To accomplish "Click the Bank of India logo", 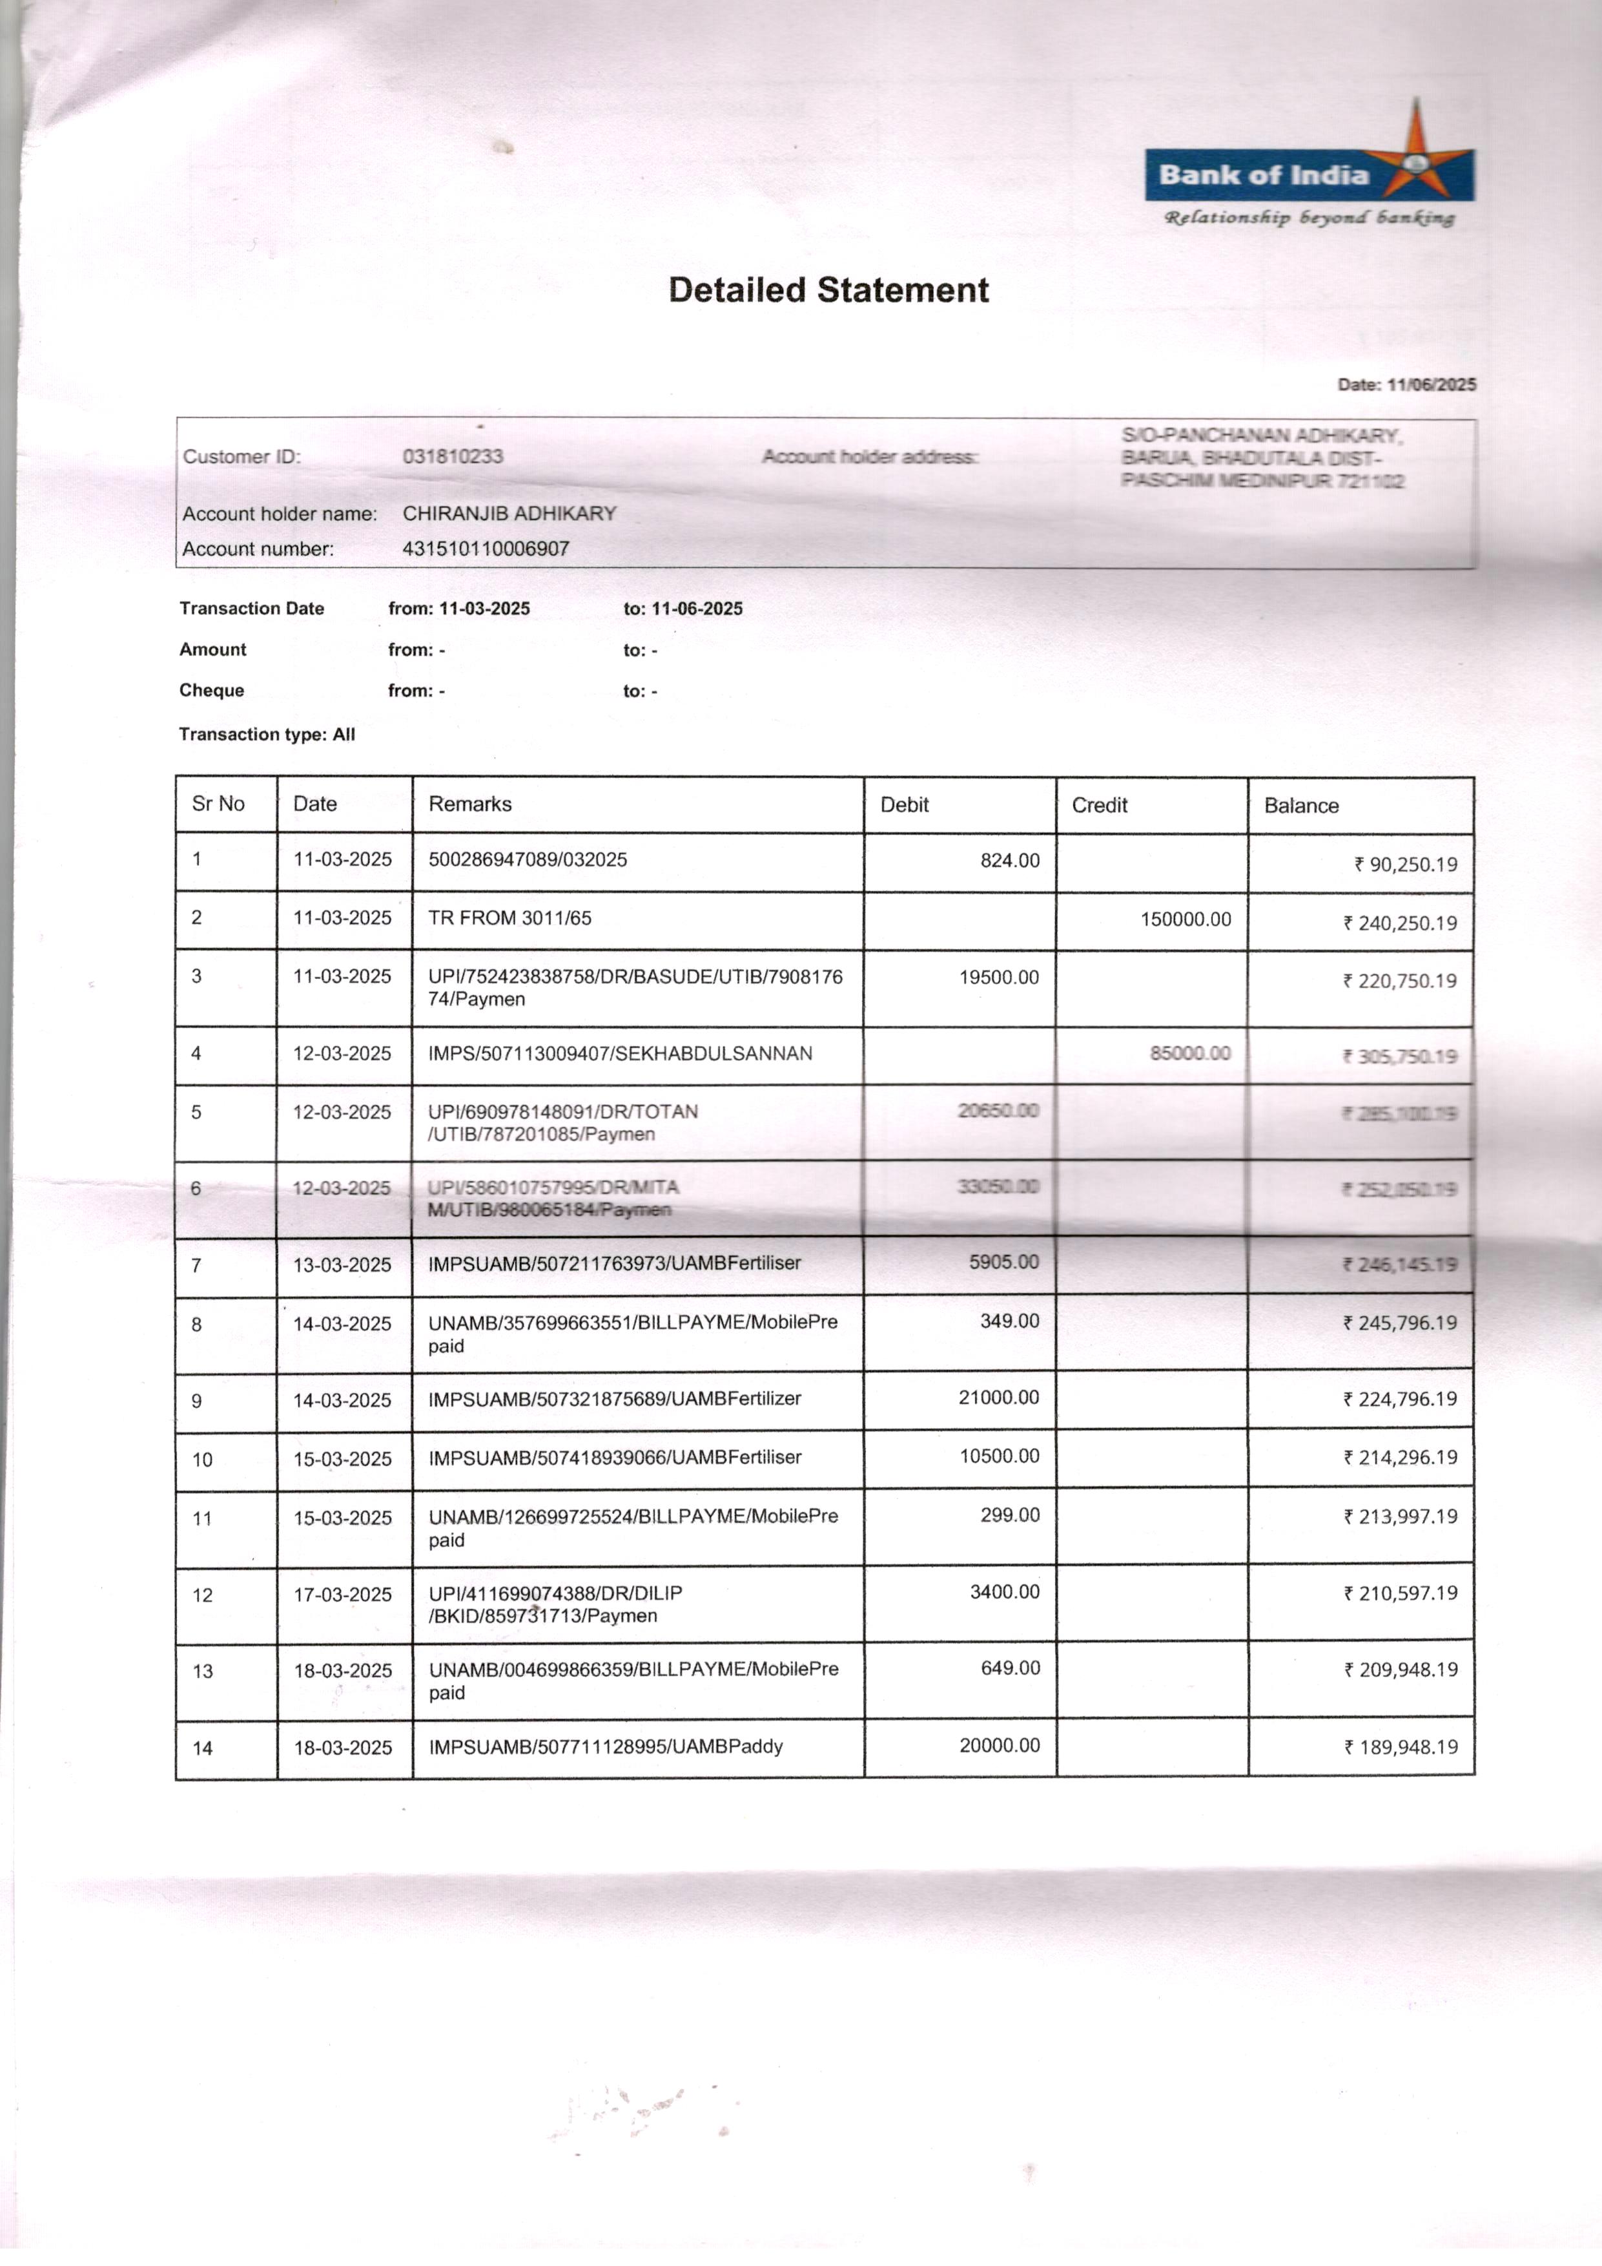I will tap(1308, 174).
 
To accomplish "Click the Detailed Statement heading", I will tap(828, 290).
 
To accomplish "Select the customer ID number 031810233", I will tap(453, 456).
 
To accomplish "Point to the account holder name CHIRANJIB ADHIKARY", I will tap(509, 513).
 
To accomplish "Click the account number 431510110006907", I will tap(486, 549).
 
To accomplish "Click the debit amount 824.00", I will tap(1009, 861).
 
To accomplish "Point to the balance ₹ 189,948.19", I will tap(1401, 1747).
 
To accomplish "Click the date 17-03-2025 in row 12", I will tap(342, 1594).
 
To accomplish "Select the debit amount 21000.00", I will tap(998, 1398).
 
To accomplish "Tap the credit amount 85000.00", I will tap(1189, 1053).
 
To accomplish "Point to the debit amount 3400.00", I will tap(1004, 1592).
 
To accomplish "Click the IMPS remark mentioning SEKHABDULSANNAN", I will tap(619, 1053).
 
